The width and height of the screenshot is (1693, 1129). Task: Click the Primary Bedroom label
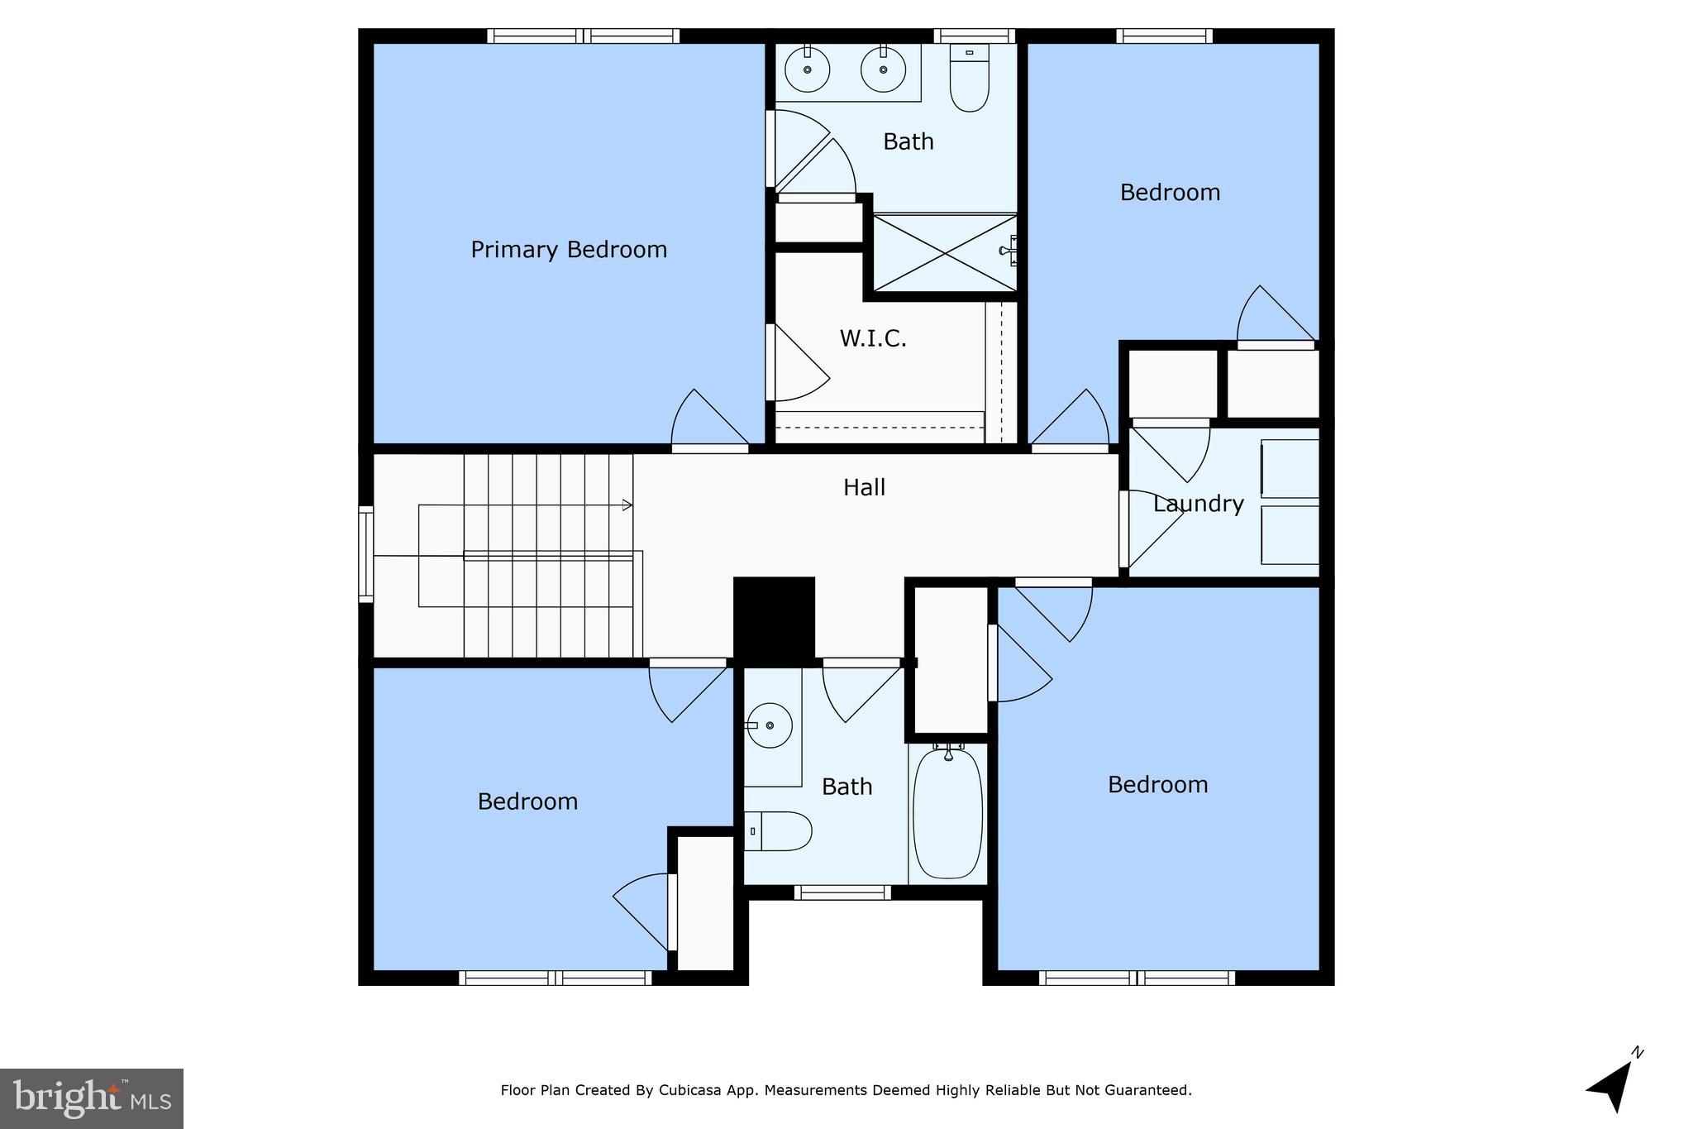[x=569, y=250]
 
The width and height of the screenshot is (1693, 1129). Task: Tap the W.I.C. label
[x=873, y=338]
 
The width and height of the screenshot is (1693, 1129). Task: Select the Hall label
[x=864, y=487]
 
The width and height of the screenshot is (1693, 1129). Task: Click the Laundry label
[x=1198, y=504]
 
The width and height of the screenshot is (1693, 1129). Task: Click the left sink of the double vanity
[x=807, y=69]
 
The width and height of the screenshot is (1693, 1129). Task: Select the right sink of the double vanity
[x=883, y=69]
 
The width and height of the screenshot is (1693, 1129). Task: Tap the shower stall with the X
[x=945, y=252]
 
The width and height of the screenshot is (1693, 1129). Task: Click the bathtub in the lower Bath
[x=948, y=813]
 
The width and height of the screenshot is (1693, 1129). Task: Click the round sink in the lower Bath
[x=769, y=725]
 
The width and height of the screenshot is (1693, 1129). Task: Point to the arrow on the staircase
[x=627, y=505]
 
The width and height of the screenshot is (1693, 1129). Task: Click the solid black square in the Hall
[x=774, y=618]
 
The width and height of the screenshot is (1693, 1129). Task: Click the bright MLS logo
[x=92, y=1098]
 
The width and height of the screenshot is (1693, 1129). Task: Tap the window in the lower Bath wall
[x=842, y=892]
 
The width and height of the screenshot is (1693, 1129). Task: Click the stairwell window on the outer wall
[x=365, y=553]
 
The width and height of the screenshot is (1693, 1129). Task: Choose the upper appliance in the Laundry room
[x=1290, y=469]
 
